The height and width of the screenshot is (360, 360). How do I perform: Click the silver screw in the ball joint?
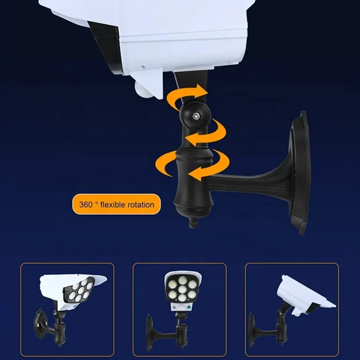[197, 116]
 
